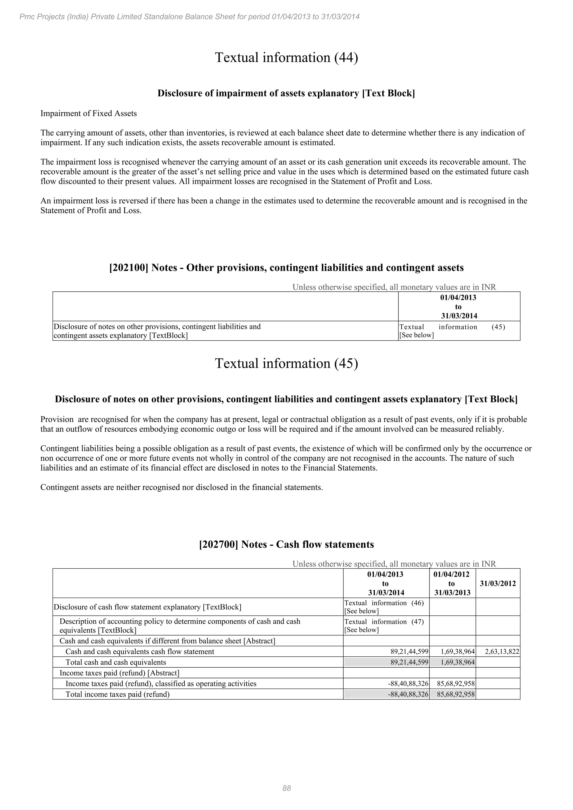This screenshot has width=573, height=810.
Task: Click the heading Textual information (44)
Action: coord(286,58)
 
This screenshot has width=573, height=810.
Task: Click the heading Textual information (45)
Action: coord(286,363)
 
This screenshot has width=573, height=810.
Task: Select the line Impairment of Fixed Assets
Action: coord(89,114)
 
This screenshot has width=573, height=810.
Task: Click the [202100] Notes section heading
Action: coord(286,268)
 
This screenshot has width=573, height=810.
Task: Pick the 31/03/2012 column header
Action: coord(497,583)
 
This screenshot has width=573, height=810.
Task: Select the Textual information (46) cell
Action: coord(384,607)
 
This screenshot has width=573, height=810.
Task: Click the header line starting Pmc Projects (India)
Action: coord(189,17)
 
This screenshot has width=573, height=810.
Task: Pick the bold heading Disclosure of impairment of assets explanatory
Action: coord(286,93)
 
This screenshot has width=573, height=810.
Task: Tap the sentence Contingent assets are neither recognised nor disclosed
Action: coord(182,488)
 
